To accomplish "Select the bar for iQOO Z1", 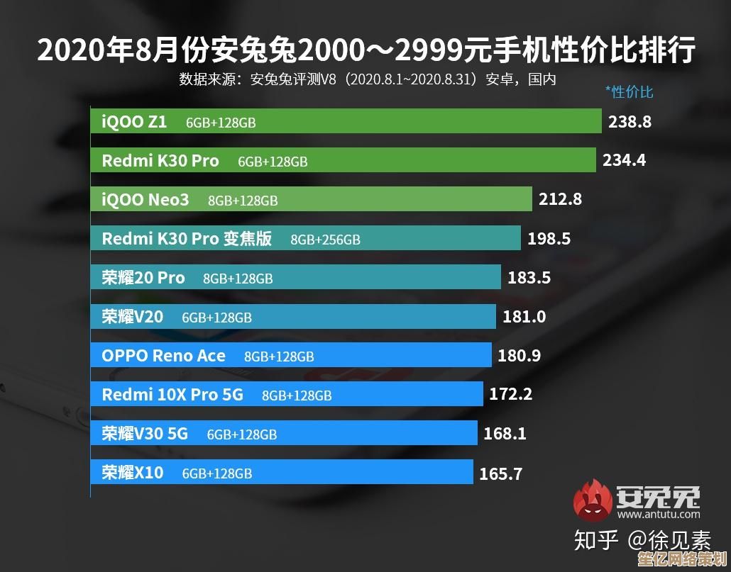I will pos(346,122).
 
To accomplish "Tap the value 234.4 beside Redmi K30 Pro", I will pos(624,160).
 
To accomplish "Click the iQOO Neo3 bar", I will pos(311,200).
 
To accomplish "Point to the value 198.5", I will pos(549,239).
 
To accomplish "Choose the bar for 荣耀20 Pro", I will pos(295,278).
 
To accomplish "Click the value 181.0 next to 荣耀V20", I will pos(524,317).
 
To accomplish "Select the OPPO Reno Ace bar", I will pos(291,356).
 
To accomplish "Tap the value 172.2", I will pos(510,394).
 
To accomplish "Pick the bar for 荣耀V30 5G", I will pos(284,433).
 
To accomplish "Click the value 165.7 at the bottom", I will pos(500,473).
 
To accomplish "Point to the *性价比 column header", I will pos(629,91).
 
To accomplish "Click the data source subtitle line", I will pos(367,79).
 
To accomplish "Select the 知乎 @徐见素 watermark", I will pos(642,541).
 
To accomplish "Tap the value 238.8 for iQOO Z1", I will pos(630,122).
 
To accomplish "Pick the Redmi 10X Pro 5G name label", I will pos(172,394).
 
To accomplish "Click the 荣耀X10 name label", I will pos(133,472).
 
